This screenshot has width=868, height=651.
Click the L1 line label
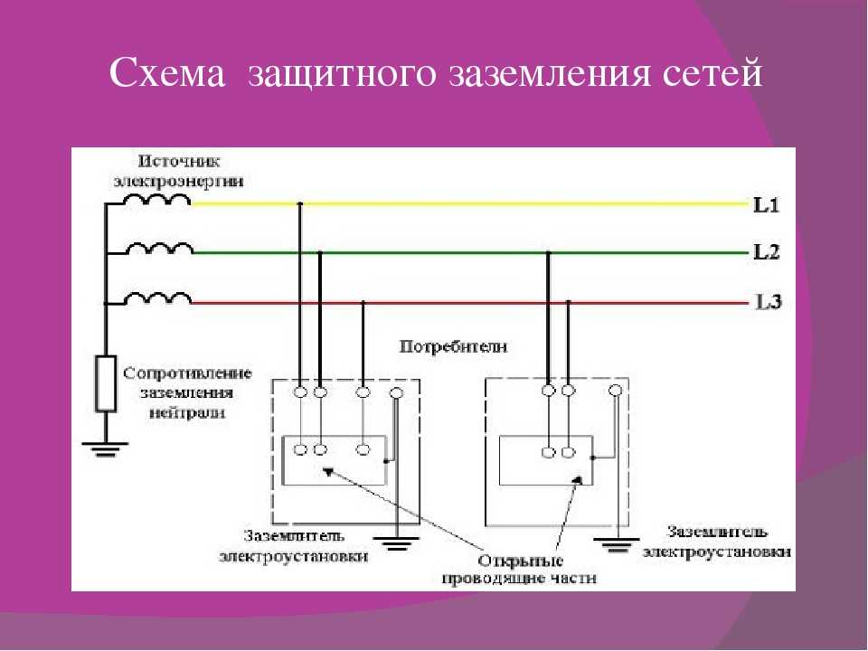767,205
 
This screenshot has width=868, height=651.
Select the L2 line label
767,252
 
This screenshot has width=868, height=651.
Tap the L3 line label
769,302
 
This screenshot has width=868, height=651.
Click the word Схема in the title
167,72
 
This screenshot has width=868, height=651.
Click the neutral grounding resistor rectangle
106,383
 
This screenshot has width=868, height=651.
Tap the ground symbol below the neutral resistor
105,449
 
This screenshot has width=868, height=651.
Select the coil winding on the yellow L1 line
156,200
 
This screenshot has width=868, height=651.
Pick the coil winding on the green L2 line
159,250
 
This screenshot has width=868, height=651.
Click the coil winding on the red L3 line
157,299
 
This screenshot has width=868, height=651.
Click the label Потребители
453,347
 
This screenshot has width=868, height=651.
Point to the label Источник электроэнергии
178,172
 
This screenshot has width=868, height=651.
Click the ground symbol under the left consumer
396,542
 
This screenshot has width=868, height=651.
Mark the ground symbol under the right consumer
616,545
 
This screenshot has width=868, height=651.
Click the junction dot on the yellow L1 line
300,203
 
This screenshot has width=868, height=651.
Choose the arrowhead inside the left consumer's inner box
328,472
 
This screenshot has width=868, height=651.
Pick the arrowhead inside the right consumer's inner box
578,479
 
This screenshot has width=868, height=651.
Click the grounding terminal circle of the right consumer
615,391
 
